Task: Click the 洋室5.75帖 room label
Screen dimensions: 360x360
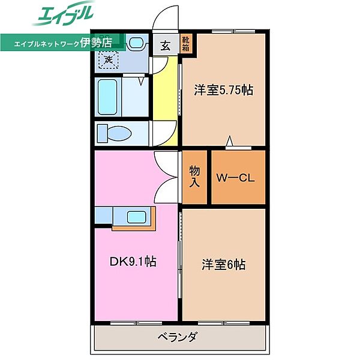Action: (x=223, y=91)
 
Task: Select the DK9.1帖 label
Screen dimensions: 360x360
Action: (x=133, y=262)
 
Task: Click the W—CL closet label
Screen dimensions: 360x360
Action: (x=238, y=178)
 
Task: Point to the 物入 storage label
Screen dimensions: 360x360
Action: (x=196, y=178)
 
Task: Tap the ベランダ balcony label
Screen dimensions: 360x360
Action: (x=179, y=337)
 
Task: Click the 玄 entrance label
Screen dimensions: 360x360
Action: (x=166, y=44)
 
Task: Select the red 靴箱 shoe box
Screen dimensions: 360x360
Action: (x=187, y=44)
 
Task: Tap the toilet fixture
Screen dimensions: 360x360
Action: (x=112, y=132)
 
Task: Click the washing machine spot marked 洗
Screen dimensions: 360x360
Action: (x=109, y=59)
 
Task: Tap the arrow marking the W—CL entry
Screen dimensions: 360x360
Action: (x=230, y=142)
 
